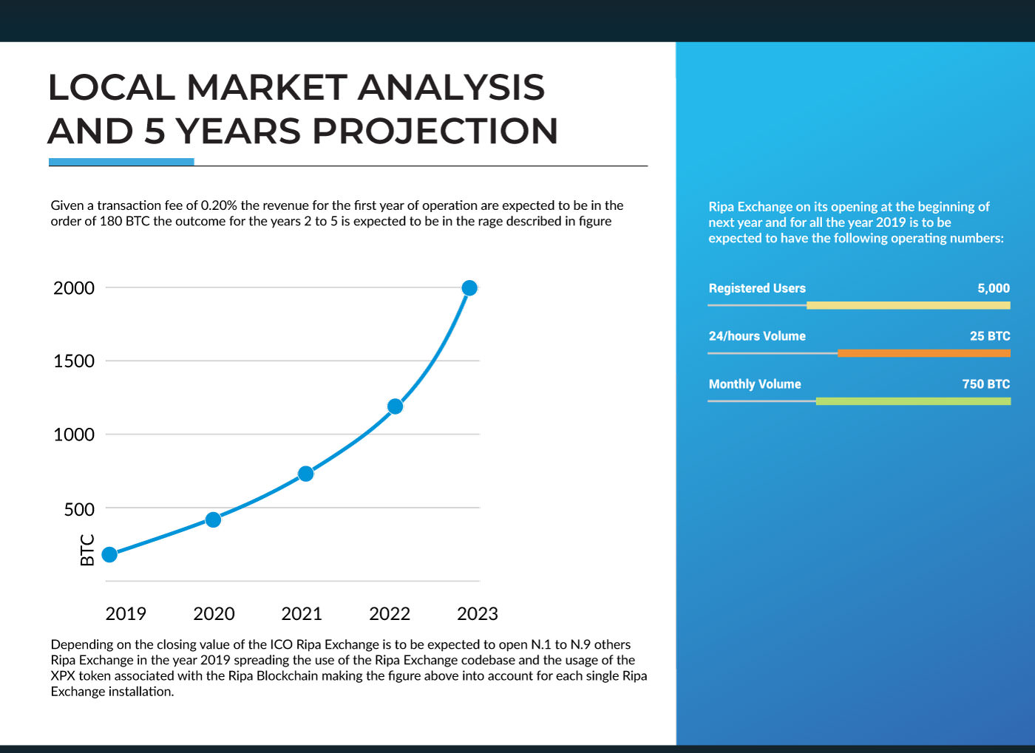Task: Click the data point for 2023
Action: (469, 287)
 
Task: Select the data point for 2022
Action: (395, 406)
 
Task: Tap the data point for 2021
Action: (306, 474)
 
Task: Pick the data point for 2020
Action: (213, 519)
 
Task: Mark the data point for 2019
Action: (109, 554)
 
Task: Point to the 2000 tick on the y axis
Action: (74, 288)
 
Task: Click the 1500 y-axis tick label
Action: (74, 361)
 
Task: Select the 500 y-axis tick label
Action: (79, 510)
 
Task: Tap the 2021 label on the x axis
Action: (302, 614)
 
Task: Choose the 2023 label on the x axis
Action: (478, 614)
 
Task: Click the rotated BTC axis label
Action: (87, 550)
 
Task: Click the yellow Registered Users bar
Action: (909, 305)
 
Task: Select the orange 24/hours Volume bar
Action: (924, 353)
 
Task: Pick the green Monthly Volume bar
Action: (914, 401)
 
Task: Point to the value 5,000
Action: (994, 288)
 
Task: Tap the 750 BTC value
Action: (986, 384)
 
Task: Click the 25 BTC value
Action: (990, 335)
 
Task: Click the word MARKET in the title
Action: (267, 87)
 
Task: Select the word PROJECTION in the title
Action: (435, 131)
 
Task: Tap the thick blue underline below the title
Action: (121, 162)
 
